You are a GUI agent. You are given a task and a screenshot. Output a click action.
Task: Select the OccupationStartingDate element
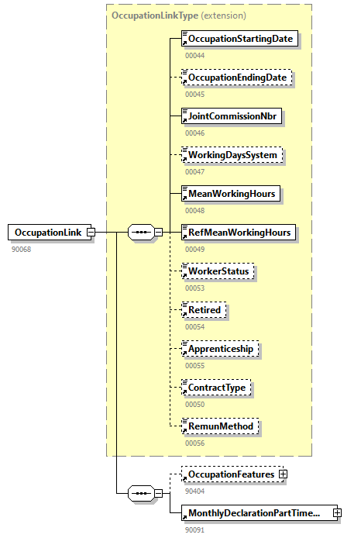tap(239, 38)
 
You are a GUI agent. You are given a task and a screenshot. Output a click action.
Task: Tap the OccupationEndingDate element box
tap(237, 78)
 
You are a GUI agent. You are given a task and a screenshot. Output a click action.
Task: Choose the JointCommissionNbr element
tap(230, 116)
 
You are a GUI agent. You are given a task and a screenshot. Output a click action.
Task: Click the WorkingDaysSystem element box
tap(232, 155)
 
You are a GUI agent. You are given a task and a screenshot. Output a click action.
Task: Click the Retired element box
tap(204, 310)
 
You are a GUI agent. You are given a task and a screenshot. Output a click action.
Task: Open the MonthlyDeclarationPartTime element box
tap(255, 513)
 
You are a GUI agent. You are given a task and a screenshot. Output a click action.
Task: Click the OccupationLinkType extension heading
tap(178, 15)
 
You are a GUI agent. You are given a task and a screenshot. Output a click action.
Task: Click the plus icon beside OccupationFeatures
tap(283, 474)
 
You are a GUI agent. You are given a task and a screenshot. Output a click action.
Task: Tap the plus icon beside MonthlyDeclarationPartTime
tap(337, 513)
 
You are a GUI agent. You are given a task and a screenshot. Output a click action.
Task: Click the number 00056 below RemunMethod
tap(195, 443)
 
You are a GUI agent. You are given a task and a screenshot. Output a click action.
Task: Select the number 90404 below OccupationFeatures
tap(195, 491)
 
